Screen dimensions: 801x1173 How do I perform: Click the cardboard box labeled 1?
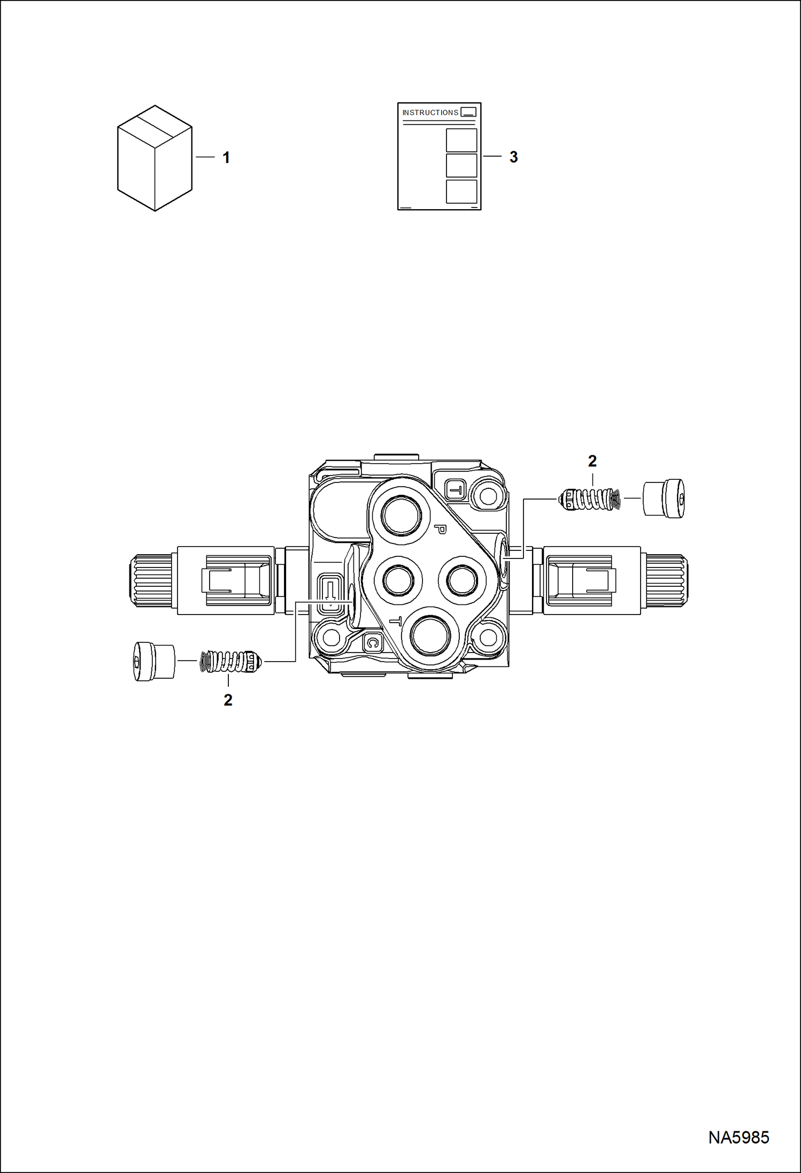click(x=155, y=158)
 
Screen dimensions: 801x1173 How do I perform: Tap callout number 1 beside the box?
click(x=226, y=158)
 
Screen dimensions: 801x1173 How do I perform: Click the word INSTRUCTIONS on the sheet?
click(x=430, y=112)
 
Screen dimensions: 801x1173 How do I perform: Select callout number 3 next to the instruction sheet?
click(x=513, y=157)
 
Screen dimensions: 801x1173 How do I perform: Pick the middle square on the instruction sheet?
click(x=461, y=165)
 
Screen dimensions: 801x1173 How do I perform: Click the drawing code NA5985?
click(x=738, y=1137)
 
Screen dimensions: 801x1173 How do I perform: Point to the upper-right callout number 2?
click(x=592, y=461)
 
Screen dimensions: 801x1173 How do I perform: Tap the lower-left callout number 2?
click(x=228, y=700)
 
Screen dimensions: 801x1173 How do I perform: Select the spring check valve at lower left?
click(x=231, y=662)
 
